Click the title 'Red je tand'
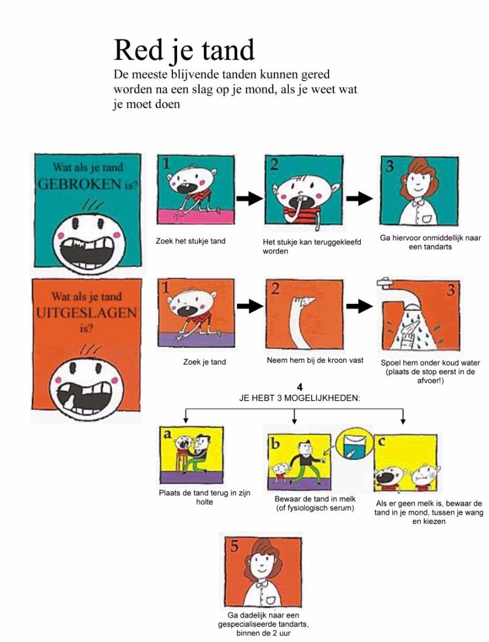[184, 51]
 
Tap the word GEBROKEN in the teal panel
[80, 185]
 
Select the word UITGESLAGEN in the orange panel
[86, 313]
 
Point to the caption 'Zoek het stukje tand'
[190, 241]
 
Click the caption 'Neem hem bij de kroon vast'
[315, 360]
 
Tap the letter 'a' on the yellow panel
[168, 434]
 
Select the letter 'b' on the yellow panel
[275, 443]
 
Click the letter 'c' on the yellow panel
[382, 441]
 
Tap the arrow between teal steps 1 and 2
[250, 199]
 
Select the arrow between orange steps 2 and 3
[359, 306]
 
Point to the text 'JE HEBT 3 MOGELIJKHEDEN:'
[300, 398]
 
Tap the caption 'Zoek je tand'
[204, 362]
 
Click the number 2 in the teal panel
[274, 165]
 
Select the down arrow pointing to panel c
[403, 416]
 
